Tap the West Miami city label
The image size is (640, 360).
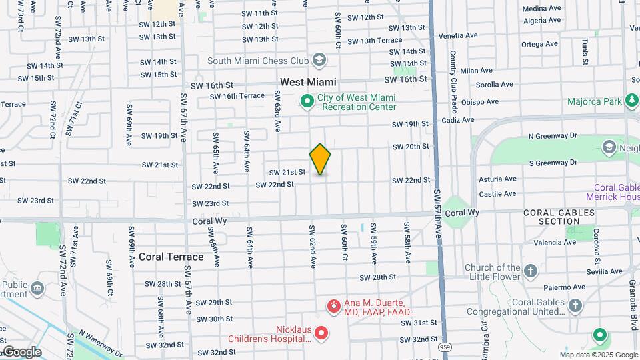pos(308,82)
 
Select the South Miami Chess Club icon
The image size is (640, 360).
pos(319,61)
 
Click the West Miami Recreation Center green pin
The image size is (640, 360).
pos(307,101)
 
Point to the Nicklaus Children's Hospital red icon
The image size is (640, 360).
pos(321,332)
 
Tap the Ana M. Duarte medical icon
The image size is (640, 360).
pos(333,306)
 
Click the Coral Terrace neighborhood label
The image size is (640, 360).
pos(171,257)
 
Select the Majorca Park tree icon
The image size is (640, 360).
pos(631,101)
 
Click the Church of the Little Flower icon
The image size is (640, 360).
pos(531,271)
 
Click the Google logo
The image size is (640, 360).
pos(22,351)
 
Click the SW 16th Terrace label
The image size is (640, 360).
pos(237,96)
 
